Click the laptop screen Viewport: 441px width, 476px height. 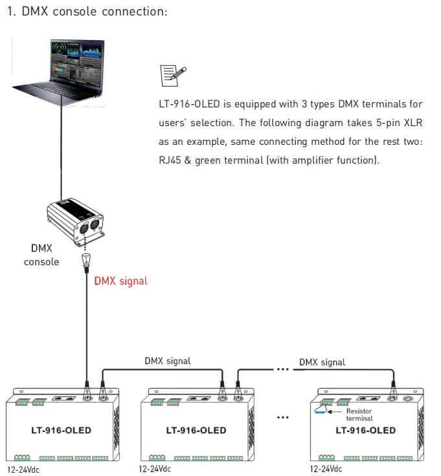click(x=76, y=61)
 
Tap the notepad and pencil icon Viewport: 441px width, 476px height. click(x=173, y=76)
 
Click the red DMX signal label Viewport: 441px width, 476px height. click(x=121, y=281)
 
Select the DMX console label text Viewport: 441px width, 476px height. click(x=41, y=255)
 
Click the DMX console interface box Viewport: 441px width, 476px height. click(x=76, y=221)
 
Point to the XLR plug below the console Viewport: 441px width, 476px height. click(x=87, y=263)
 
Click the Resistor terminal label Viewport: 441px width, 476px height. click(x=359, y=415)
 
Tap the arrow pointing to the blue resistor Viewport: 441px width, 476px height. click(x=334, y=412)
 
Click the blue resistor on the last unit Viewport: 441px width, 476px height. click(x=321, y=412)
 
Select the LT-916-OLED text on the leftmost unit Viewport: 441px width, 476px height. click(x=61, y=430)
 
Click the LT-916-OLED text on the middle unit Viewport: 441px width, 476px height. click(x=196, y=430)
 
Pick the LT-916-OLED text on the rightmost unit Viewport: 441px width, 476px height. click(x=366, y=430)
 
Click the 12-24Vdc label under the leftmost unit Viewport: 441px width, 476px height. click(x=23, y=470)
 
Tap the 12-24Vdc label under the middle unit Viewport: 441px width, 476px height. click(x=155, y=469)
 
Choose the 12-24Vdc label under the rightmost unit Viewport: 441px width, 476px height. click(x=326, y=469)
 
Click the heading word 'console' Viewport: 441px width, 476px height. click(x=74, y=12)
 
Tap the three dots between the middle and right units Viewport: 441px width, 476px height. click(x=282, y=418)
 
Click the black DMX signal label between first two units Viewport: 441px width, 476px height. click(x=168, y=361)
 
